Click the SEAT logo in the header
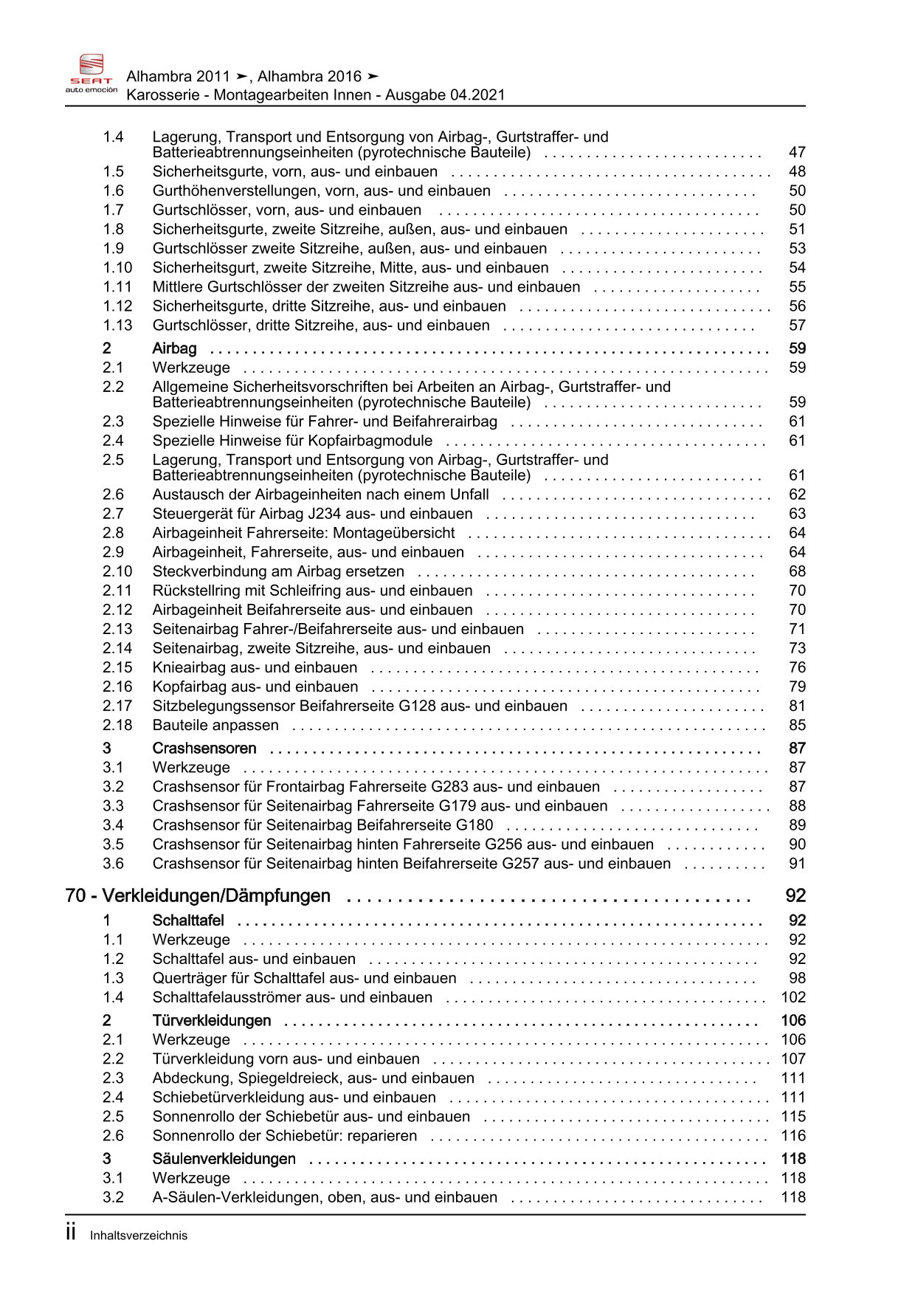click(x=91, y=72)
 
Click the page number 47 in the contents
click(x=797, y=153)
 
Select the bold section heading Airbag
click(x=174, y=348)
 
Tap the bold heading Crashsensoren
click(x=204, y=748)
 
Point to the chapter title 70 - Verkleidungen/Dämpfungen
click(x=198, y=896)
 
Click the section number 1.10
click(x=117, y=268)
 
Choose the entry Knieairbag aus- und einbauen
click(x=255, y=668)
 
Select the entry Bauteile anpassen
click(x=215, y=726)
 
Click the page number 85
click(x=797, y=726)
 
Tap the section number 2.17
click(x=117, y=706)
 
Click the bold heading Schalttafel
click(x=188, y=920)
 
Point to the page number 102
click(x=793, y=997)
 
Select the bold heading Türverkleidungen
click(x=212, y=1021)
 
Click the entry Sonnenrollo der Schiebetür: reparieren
click(x=285, y=1136)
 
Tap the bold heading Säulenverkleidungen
click(x=224, y=1159)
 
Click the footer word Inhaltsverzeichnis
click(x=139, y=1236)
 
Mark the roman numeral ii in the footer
click(x=71, y=1233)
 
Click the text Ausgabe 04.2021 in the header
click(x=445, y=94)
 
